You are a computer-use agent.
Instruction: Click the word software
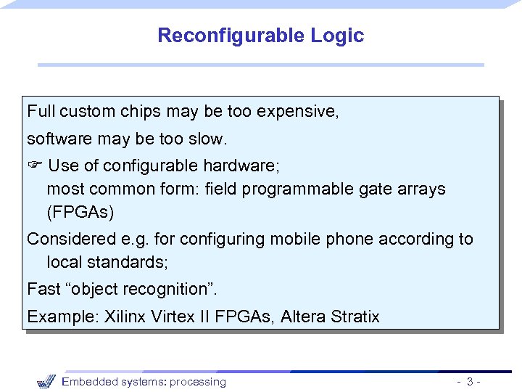56,138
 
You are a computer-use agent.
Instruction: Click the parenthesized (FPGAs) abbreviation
80,213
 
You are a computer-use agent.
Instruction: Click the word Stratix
355,317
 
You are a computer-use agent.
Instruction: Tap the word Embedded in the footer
86,382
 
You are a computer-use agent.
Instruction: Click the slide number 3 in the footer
471,382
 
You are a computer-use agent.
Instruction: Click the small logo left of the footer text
46,381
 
